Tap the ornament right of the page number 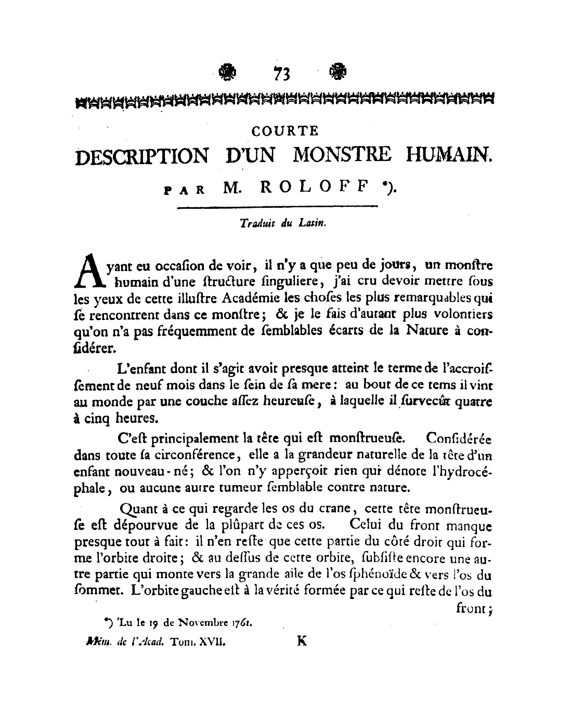(x=338, y=73)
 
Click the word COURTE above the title (x=284, y=131)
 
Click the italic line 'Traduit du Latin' (x=282, y=223)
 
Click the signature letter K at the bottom (x=301, y=641)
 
